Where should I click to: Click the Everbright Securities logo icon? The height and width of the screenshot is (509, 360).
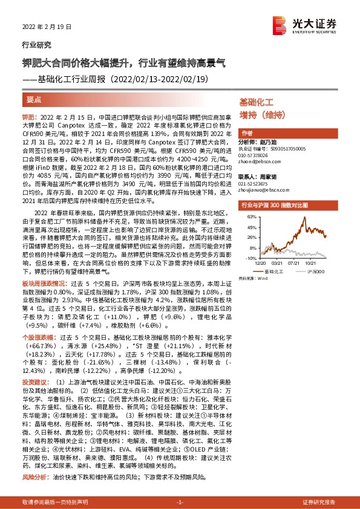pyautogui.click(x=280, y=23)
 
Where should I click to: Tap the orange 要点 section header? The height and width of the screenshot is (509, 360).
pyautogui.click(x=34, y=98)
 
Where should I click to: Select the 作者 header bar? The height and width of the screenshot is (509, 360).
pyautogui.click(x=247, y=134)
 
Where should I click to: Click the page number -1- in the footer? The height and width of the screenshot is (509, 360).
pyautogui.click(x=179, y=502)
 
